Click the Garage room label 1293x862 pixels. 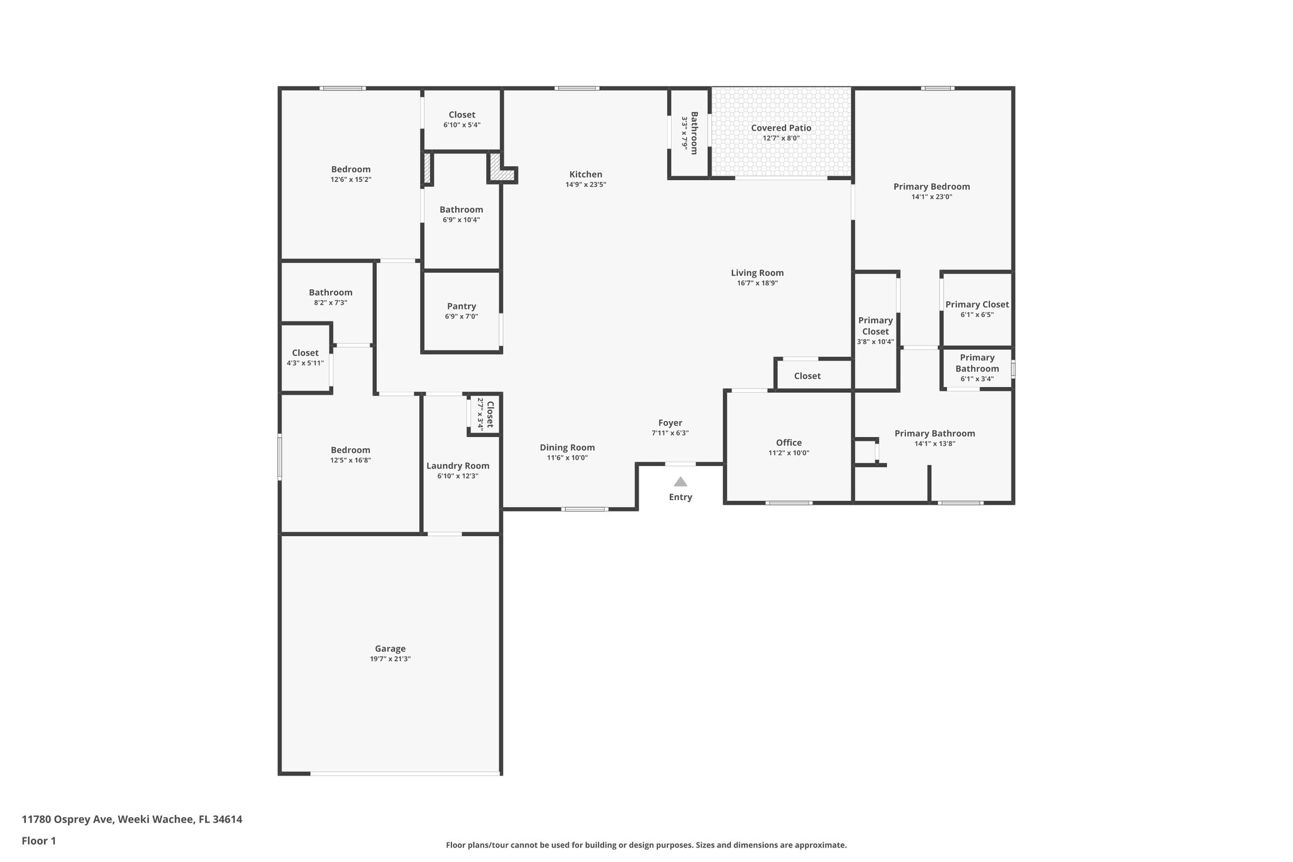click(390, 649)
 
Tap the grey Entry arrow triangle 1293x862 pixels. click(680, 482)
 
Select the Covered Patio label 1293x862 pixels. click(781, 128)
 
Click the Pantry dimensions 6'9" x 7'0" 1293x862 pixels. click(462, 316)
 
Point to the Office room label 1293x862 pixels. click(789, 443)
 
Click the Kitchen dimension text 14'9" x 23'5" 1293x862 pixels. click(585, 185)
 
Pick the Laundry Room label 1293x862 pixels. click(458, 466)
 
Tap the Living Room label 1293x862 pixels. click(757, 273)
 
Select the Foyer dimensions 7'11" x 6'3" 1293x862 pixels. click(670, 433)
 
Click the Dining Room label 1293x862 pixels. click(567, 448)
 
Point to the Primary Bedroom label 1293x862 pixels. click(931, 186)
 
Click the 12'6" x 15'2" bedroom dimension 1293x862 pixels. click(351, 179)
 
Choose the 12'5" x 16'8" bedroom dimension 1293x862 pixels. click(350, 460)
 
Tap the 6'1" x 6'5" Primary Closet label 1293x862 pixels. click(977, 304)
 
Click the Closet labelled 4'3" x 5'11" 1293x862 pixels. click(305, 353)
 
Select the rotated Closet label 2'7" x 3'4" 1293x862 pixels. click(489, 414)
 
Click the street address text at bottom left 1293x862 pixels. click(132, 819)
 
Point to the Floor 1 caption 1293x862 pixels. click(39, 841)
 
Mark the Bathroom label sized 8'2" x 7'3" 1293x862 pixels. click(330, 292)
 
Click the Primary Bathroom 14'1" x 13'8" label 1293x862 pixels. click(934, 433)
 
